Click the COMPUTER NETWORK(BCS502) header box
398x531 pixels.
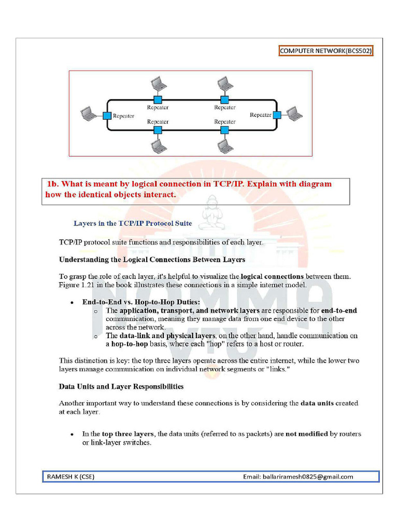pyautogui.click(x=325, y=51)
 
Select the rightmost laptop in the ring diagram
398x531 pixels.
pyautogui.click(x=294, y=113)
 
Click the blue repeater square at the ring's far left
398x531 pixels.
pyautogui.click(x=107, y=116)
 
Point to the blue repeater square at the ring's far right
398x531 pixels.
pyautogui.click(x=277, y=115)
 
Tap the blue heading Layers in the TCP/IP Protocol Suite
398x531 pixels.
pyautogui.click(x=133, y=223)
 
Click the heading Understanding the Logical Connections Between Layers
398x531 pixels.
pyautogui.click(x=152, y=259)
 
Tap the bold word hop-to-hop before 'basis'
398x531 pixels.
pyautogui.click(x=130, y=344)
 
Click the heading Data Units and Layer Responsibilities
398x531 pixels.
pyautogui.click(x=121, y=386)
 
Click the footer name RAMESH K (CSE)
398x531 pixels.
pyautogui.click(x=71, y=477)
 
